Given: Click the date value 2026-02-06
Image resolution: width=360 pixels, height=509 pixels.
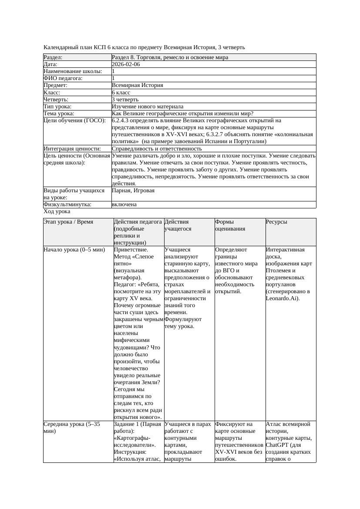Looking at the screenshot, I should (x=126, y=64).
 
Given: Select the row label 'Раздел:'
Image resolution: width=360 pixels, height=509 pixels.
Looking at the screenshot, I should (x=53, y=57).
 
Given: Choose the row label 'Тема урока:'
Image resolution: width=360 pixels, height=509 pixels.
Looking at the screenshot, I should (x=59, y=114).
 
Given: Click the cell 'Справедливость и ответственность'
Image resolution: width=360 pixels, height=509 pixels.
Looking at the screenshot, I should (x=157, y=149).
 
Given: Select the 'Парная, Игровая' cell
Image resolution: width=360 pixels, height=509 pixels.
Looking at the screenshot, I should (x=133, y=191).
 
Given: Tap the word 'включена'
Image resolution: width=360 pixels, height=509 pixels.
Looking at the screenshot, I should (x=124, y=204).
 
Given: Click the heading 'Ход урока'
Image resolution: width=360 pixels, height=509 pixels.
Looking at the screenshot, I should (x=57, y=211).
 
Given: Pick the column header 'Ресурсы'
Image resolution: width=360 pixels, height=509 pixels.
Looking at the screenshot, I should (x=276, y=222).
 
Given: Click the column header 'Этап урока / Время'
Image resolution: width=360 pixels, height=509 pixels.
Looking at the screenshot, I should (x=68, y=222).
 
